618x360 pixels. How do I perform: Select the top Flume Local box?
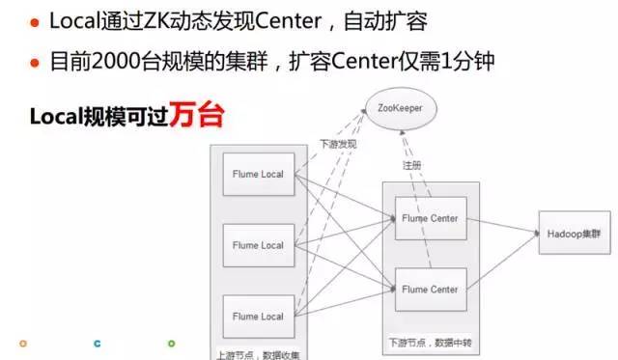click(x=258, y=175)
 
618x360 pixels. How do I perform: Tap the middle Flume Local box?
click(x=258, y=245)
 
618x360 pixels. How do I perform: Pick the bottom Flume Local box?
click(x=258, y=316)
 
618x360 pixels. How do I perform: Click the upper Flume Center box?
click(x=431, y=218)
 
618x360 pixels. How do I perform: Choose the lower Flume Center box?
click(x=431, y=289)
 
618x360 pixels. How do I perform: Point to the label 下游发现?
click(x=338, y=144)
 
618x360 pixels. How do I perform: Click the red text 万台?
click(x=197, y=117)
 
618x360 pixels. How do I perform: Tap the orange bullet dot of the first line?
click(x=34, y=22)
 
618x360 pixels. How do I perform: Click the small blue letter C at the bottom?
click(x=97, y=342)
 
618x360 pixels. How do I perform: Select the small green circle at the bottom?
click(x=171, y=342)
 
